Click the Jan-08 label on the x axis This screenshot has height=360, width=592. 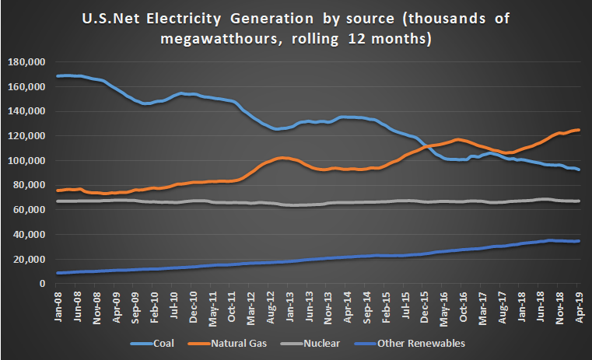(x=59, y=305)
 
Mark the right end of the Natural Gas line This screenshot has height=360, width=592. (x=580, y=130)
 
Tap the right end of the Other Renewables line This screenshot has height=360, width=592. (x=580, y=241)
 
